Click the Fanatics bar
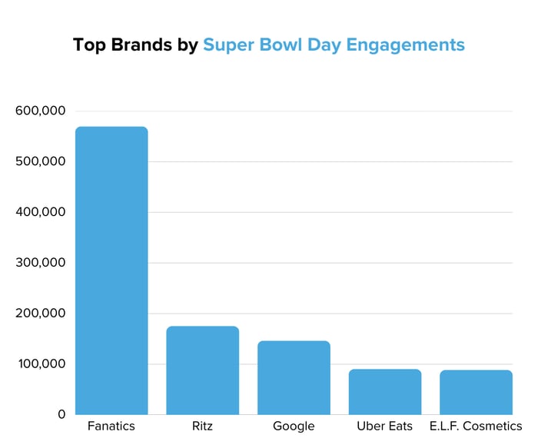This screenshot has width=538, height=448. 111,270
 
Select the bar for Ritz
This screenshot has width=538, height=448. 203,370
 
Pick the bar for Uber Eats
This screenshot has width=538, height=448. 385,392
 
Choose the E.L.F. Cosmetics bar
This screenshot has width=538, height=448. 476,392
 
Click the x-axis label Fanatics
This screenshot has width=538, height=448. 111,426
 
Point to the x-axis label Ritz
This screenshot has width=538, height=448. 203,426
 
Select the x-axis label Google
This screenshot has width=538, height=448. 294,426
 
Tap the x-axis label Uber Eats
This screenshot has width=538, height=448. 385,426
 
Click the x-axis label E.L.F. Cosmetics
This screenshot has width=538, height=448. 476,426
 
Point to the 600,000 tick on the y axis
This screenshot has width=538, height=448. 41,111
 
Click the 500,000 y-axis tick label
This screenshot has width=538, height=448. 41,161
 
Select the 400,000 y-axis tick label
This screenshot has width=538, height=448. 41,212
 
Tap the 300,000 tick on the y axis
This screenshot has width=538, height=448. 41,263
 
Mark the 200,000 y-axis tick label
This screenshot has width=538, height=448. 41,314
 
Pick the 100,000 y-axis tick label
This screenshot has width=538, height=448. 41,364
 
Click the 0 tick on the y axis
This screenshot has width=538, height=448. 61,415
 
